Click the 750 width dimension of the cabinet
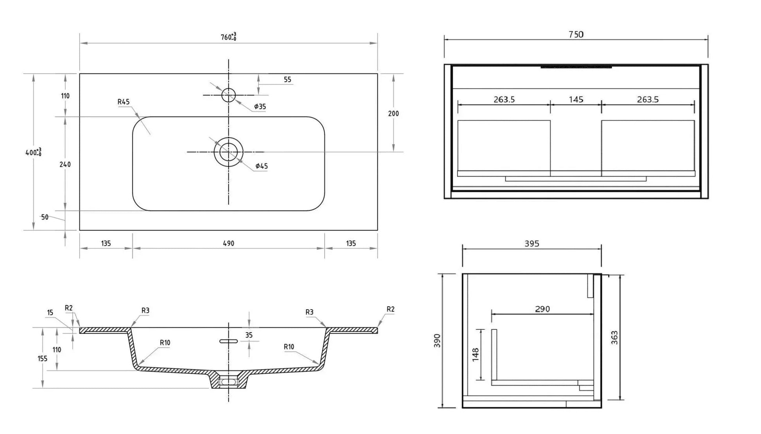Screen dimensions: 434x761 pyautogui.click(x=576, y=35)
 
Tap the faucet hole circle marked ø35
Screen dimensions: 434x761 pyautogui.click(x=228, y=95)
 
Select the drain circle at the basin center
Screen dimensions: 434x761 pyautogui.click(x=228, y=152)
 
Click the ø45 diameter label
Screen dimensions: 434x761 pyautogui.click(x=261, y=166)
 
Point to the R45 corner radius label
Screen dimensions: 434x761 pyautogui.click(x=123, y=102)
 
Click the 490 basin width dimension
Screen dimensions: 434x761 pyautogui.click(x=228, y=243)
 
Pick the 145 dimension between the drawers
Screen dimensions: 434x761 pyautogui.click(x=576, y=100)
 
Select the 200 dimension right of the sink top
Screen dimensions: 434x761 pyautogui.click(x=393, y=113)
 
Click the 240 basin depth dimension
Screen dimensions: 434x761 pyautogui.click(x=65, y=164)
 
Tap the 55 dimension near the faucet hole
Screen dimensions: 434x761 pyautogui.click(x=287, y=80)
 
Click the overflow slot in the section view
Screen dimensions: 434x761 pyautogui.click(x=228, y=341)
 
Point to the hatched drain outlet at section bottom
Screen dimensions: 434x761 pyautogui.click(x=228, y=382)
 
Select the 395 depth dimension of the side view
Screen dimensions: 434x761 pyautogui.click(x=531, y=244)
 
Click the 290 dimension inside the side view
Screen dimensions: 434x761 pyautogui.click(x=542, y=309)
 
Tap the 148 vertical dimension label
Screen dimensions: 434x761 pyautogui.click(x=476, y=354)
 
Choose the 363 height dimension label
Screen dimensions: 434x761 pyautogui.click(x=614, y=337)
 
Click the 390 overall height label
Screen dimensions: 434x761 pyautogui.click(x=437, y=340)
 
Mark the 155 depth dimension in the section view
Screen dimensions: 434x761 pyautogui.click(x=42, y=358)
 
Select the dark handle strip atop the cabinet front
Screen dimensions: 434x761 pyautogui.click(x=576, y=67)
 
